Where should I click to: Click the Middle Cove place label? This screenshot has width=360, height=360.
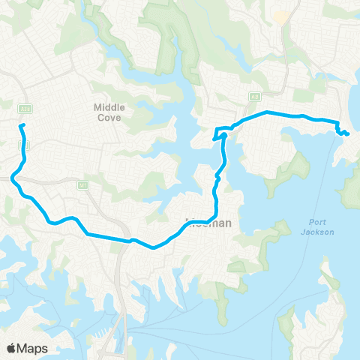click(109, 112)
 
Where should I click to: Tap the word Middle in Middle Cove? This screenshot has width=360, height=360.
click(109, 107)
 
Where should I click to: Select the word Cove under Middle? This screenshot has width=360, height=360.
click(109, 118)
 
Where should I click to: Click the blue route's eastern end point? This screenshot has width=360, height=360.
click(348, 134)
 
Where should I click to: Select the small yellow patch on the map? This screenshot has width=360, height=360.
click(281, 16)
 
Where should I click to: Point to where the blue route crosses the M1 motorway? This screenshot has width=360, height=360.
click(124, 240)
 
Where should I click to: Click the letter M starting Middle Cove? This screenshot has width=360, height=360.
click(97, 107)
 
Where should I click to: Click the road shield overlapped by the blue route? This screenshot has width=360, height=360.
click(22, 148)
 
